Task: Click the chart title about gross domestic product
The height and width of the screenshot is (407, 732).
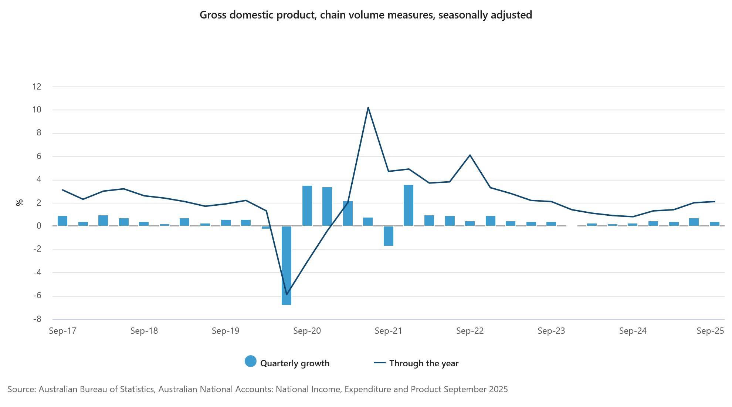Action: (x=366, y=15)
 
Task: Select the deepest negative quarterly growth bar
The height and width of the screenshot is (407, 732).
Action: (x=287, y=265)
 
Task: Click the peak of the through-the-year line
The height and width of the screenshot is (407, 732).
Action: (x=368, y=108)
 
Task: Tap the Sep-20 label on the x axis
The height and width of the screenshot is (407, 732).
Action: (x=307, y=331)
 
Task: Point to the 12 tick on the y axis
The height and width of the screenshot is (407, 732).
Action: (x=37, y=87)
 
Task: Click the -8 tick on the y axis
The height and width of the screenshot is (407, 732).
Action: (x=37, y=319)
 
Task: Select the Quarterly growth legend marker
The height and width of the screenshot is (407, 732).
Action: (x=251, y=361)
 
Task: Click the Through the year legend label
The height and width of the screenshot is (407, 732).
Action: (x=424, y=363)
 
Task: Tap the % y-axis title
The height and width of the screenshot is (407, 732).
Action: (x=19, y=202)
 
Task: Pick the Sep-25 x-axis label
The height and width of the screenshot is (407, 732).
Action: (x=710, y=331)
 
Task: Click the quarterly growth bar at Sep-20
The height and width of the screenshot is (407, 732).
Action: (x=307, y=206)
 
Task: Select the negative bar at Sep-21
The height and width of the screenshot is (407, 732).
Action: (x=389, y=236)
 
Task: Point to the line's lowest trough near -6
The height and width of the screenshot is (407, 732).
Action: (x=287, y=295)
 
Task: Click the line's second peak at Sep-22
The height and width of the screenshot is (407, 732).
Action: (x=470, y=155)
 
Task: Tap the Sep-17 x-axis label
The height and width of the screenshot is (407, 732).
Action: (x=62, y=331)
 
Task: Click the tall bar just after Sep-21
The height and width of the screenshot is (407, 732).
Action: (x=409, y=205)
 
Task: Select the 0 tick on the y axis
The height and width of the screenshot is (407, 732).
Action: (x=38, y=226)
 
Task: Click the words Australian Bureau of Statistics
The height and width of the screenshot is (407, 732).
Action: (x=96, y=389)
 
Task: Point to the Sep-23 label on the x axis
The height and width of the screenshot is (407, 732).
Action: (x=551, y=331)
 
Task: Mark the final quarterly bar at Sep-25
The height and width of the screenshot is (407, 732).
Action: (x=715, y=224)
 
